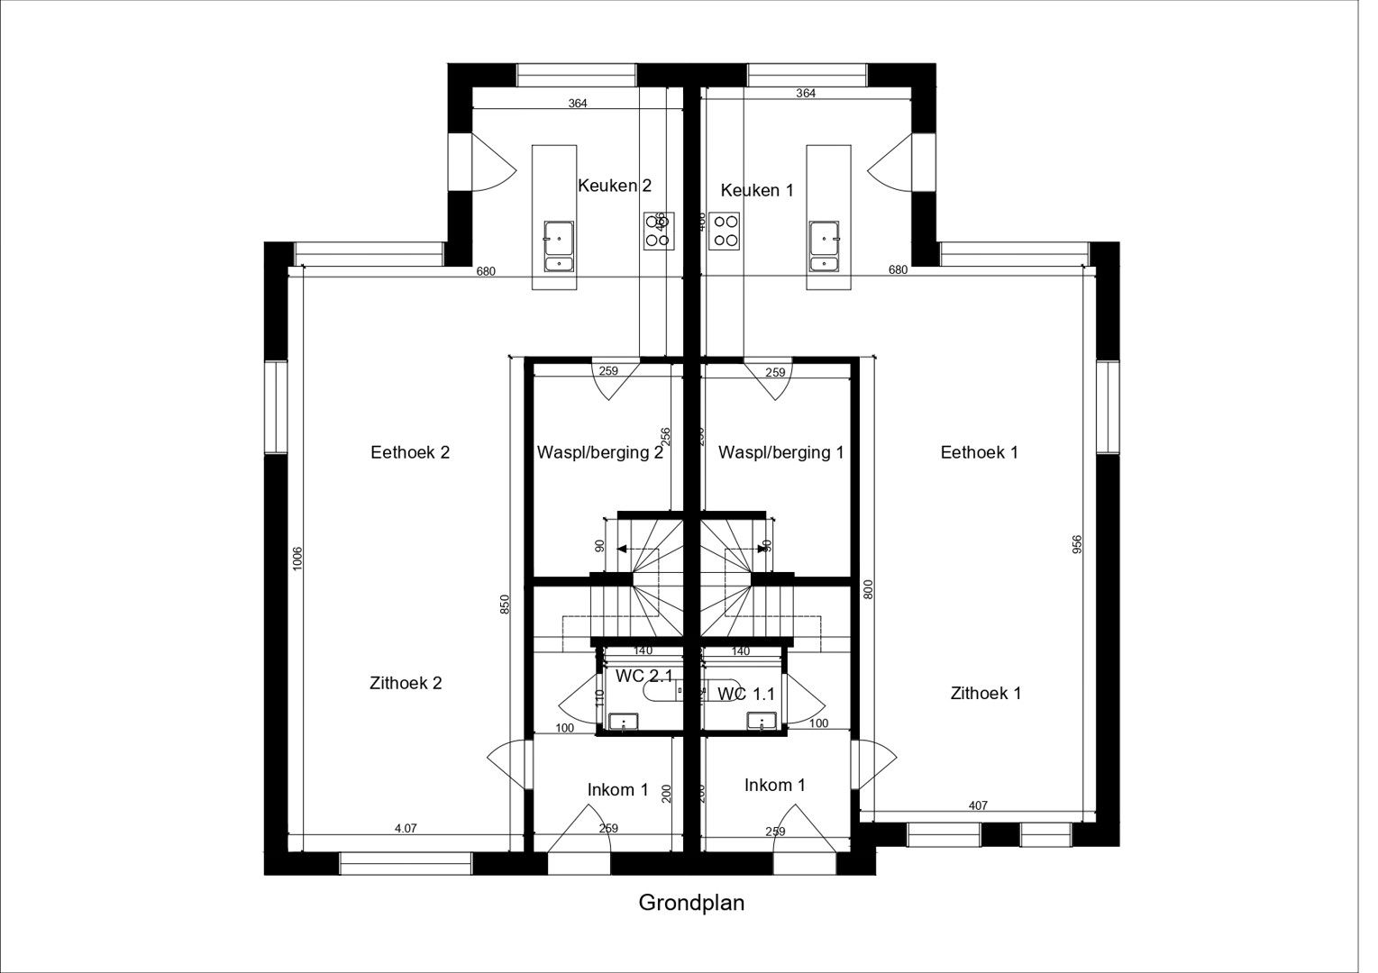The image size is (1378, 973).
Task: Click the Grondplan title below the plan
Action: click(x=691, y=903)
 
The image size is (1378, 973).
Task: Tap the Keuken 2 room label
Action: click(x=614, y=186)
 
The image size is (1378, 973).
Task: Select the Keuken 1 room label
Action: click(x=757, y=190)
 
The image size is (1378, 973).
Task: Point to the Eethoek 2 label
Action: click(x=409, y=452)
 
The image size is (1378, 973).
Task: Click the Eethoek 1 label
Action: click(x=979, y=452)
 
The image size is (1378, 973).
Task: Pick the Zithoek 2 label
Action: click(x=406, y=683)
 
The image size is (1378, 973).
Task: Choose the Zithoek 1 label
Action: click(x=985, y=693)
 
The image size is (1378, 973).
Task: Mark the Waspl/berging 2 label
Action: click(x=599, y=452)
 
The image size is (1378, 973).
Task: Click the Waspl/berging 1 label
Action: click(x=780, y=452)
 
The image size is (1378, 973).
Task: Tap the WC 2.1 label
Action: click(x=643, y=675)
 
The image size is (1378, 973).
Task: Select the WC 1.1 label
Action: click(x=746, y=694)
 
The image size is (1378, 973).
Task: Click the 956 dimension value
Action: click(x=1076, y=545)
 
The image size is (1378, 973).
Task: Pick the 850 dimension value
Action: click(x=505, y=605)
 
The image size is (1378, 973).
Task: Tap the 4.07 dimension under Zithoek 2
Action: click(x=406, y=829)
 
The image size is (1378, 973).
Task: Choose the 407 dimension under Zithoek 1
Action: click(x=978, y=805)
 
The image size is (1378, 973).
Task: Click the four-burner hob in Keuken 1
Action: click(x=724, y=231)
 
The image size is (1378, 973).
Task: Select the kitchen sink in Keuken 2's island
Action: click(x=559, y=245)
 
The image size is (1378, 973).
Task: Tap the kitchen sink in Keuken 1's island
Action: click(x=825, y=245)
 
